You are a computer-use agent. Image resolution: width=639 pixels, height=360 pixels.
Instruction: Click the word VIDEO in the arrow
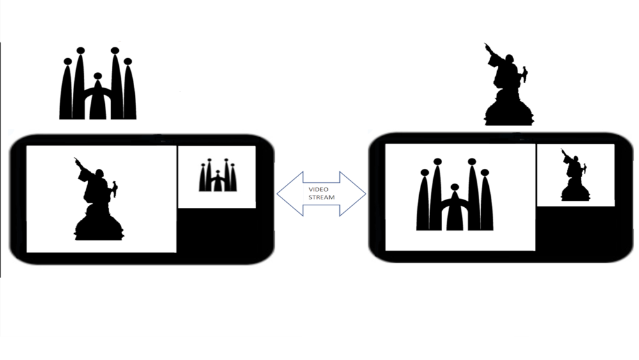318,189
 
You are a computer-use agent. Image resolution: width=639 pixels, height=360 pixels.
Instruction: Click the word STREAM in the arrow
321,198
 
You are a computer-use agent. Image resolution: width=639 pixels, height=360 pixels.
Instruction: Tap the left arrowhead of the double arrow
290,194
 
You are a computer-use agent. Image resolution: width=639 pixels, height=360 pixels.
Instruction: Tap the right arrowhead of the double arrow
353,194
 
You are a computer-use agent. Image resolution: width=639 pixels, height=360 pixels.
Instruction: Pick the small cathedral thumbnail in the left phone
218,175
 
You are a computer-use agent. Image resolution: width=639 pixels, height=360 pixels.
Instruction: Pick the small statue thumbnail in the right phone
575,175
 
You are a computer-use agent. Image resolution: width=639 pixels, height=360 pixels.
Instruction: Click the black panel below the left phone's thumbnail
217,230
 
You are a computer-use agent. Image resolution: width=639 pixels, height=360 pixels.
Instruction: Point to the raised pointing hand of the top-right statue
487,47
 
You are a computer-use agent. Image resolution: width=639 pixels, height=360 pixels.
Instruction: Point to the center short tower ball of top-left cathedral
98,76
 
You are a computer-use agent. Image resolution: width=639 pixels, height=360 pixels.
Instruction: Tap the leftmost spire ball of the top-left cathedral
68,61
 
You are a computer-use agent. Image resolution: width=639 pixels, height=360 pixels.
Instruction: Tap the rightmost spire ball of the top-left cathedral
128,61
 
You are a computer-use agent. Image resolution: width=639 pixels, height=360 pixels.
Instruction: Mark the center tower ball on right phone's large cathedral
455,187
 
